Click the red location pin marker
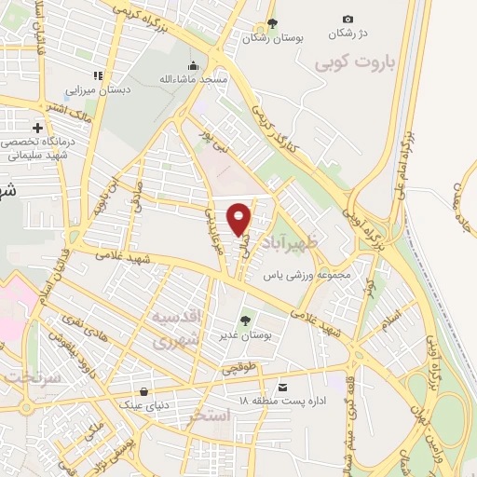pyautogui.click(x=239, y=218)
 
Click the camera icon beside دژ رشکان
pyautogui.click(x=348, y=19)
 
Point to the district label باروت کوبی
pyautogui.click(x=355, y=63)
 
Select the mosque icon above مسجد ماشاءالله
pyautogui.click(x=194, y=65)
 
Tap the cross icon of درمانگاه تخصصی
pyautogui.click(x=37, y=127)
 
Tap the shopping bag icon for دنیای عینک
pyautogui.click(x=143, y=392)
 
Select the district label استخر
pyautogui.click(x=208, y=413)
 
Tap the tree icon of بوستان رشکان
pyautogui.click(x=272, y=23)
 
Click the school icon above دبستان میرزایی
pyautogui.click(x=96, y=76)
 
